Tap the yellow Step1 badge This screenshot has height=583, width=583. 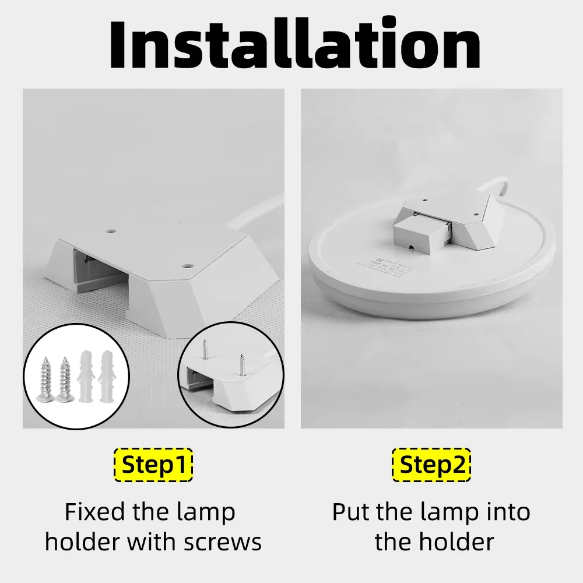(153, 465)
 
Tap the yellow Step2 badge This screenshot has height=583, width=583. (431, 465)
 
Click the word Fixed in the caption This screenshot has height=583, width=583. (94, 512)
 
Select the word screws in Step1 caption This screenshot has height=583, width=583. (223, 542)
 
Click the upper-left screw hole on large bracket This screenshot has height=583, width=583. (108, 231)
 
